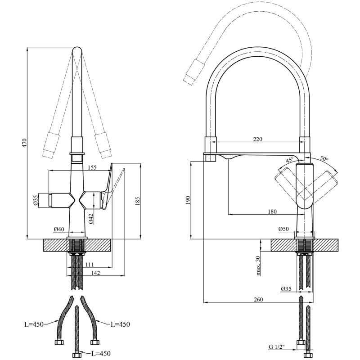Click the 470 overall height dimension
click(25, 143)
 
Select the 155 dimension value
click(92, 167)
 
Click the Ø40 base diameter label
click(59, 229)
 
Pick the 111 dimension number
click(89, 265)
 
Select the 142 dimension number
click(95, 273)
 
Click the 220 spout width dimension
click(257, 139)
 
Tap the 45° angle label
click(289, 160)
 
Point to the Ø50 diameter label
click(283, 229)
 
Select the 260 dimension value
click(258, 299)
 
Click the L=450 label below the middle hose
click(100, 354)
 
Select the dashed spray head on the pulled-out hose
click(191, 72)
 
